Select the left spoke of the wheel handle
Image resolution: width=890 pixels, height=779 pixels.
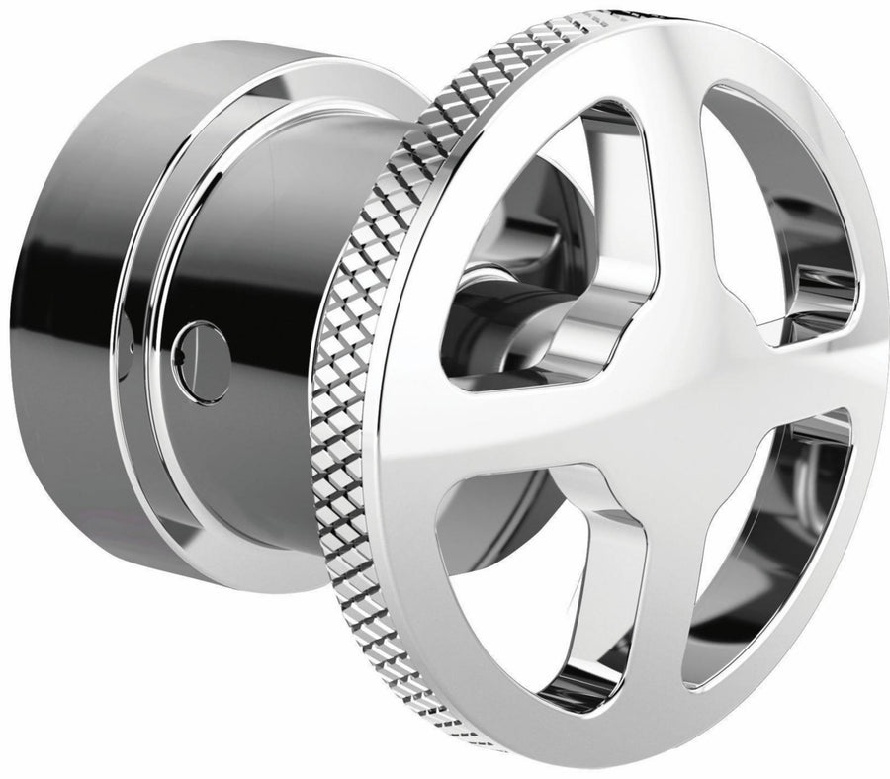click(x=494, y=425)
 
